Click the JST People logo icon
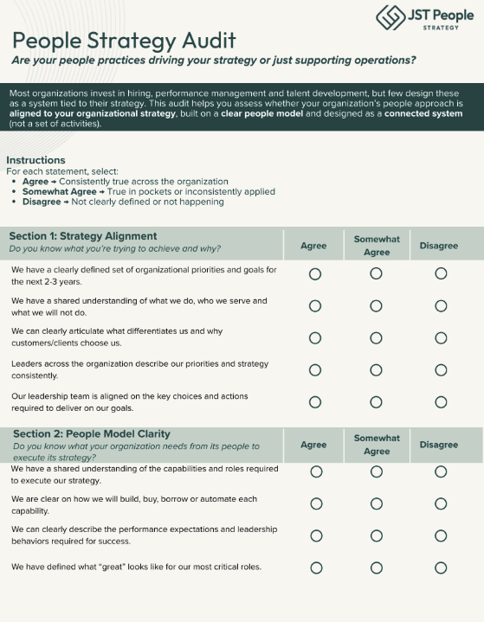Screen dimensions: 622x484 390,17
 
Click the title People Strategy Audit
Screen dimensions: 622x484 125,40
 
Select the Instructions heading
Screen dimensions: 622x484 35,160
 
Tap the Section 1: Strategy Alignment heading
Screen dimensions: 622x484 83,235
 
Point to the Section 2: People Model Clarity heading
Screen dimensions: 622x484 91,433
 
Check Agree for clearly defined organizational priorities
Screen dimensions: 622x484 314,274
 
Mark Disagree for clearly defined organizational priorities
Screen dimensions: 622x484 441,274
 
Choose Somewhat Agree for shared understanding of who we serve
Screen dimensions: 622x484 377,305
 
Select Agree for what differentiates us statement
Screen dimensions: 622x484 314,337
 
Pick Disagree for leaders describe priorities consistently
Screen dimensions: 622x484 441,369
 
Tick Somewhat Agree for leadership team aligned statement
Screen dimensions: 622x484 377,401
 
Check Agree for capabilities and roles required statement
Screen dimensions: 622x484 315,471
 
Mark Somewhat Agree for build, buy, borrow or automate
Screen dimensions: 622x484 377,503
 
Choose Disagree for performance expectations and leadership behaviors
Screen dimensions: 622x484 441,535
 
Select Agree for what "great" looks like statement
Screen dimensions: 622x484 315,567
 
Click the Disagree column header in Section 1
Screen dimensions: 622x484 439,246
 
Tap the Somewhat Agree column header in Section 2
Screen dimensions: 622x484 377,445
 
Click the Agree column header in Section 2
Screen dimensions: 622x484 313,445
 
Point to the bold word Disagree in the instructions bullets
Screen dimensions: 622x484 42,202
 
